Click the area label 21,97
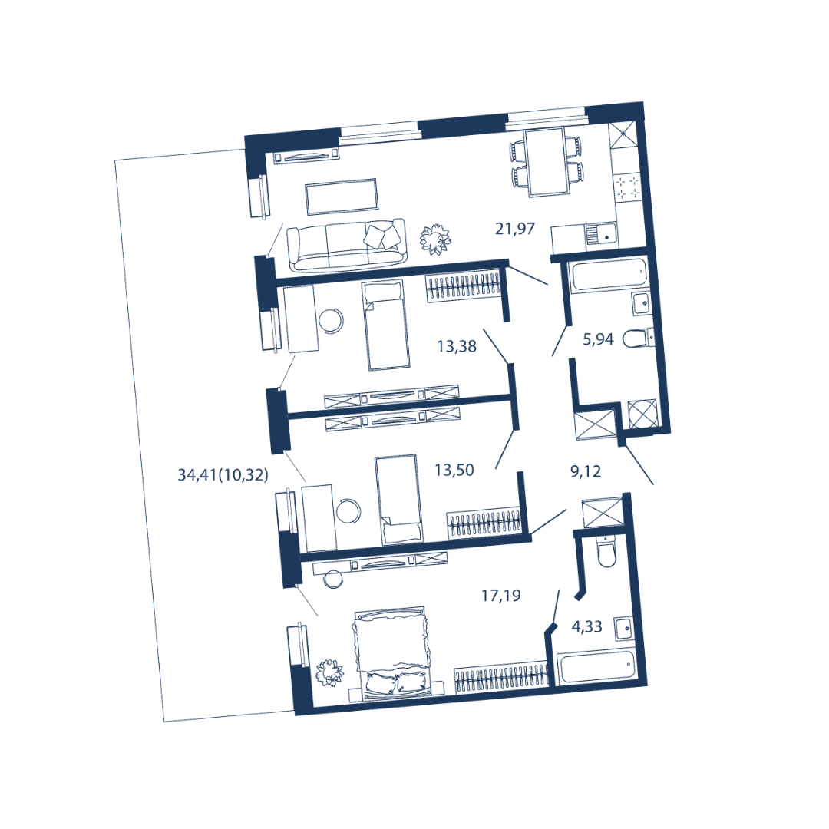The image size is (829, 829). (515, 229)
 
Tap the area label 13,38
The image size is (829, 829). (457, 347)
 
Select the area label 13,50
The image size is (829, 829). (454, 470)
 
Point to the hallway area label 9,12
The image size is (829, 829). (586, 471)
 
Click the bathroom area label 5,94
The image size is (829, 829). (598, 339)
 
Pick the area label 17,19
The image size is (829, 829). (501, 596)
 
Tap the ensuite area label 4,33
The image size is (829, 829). (587, 627)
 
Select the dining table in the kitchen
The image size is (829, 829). (547, 162)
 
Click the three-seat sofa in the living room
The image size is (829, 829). (346, 246)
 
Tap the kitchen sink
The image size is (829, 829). (602, 233)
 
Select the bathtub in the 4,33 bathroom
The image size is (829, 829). (596, 666)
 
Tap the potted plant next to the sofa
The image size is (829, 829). (435, 239)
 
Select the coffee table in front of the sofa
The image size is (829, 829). (341, 197)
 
